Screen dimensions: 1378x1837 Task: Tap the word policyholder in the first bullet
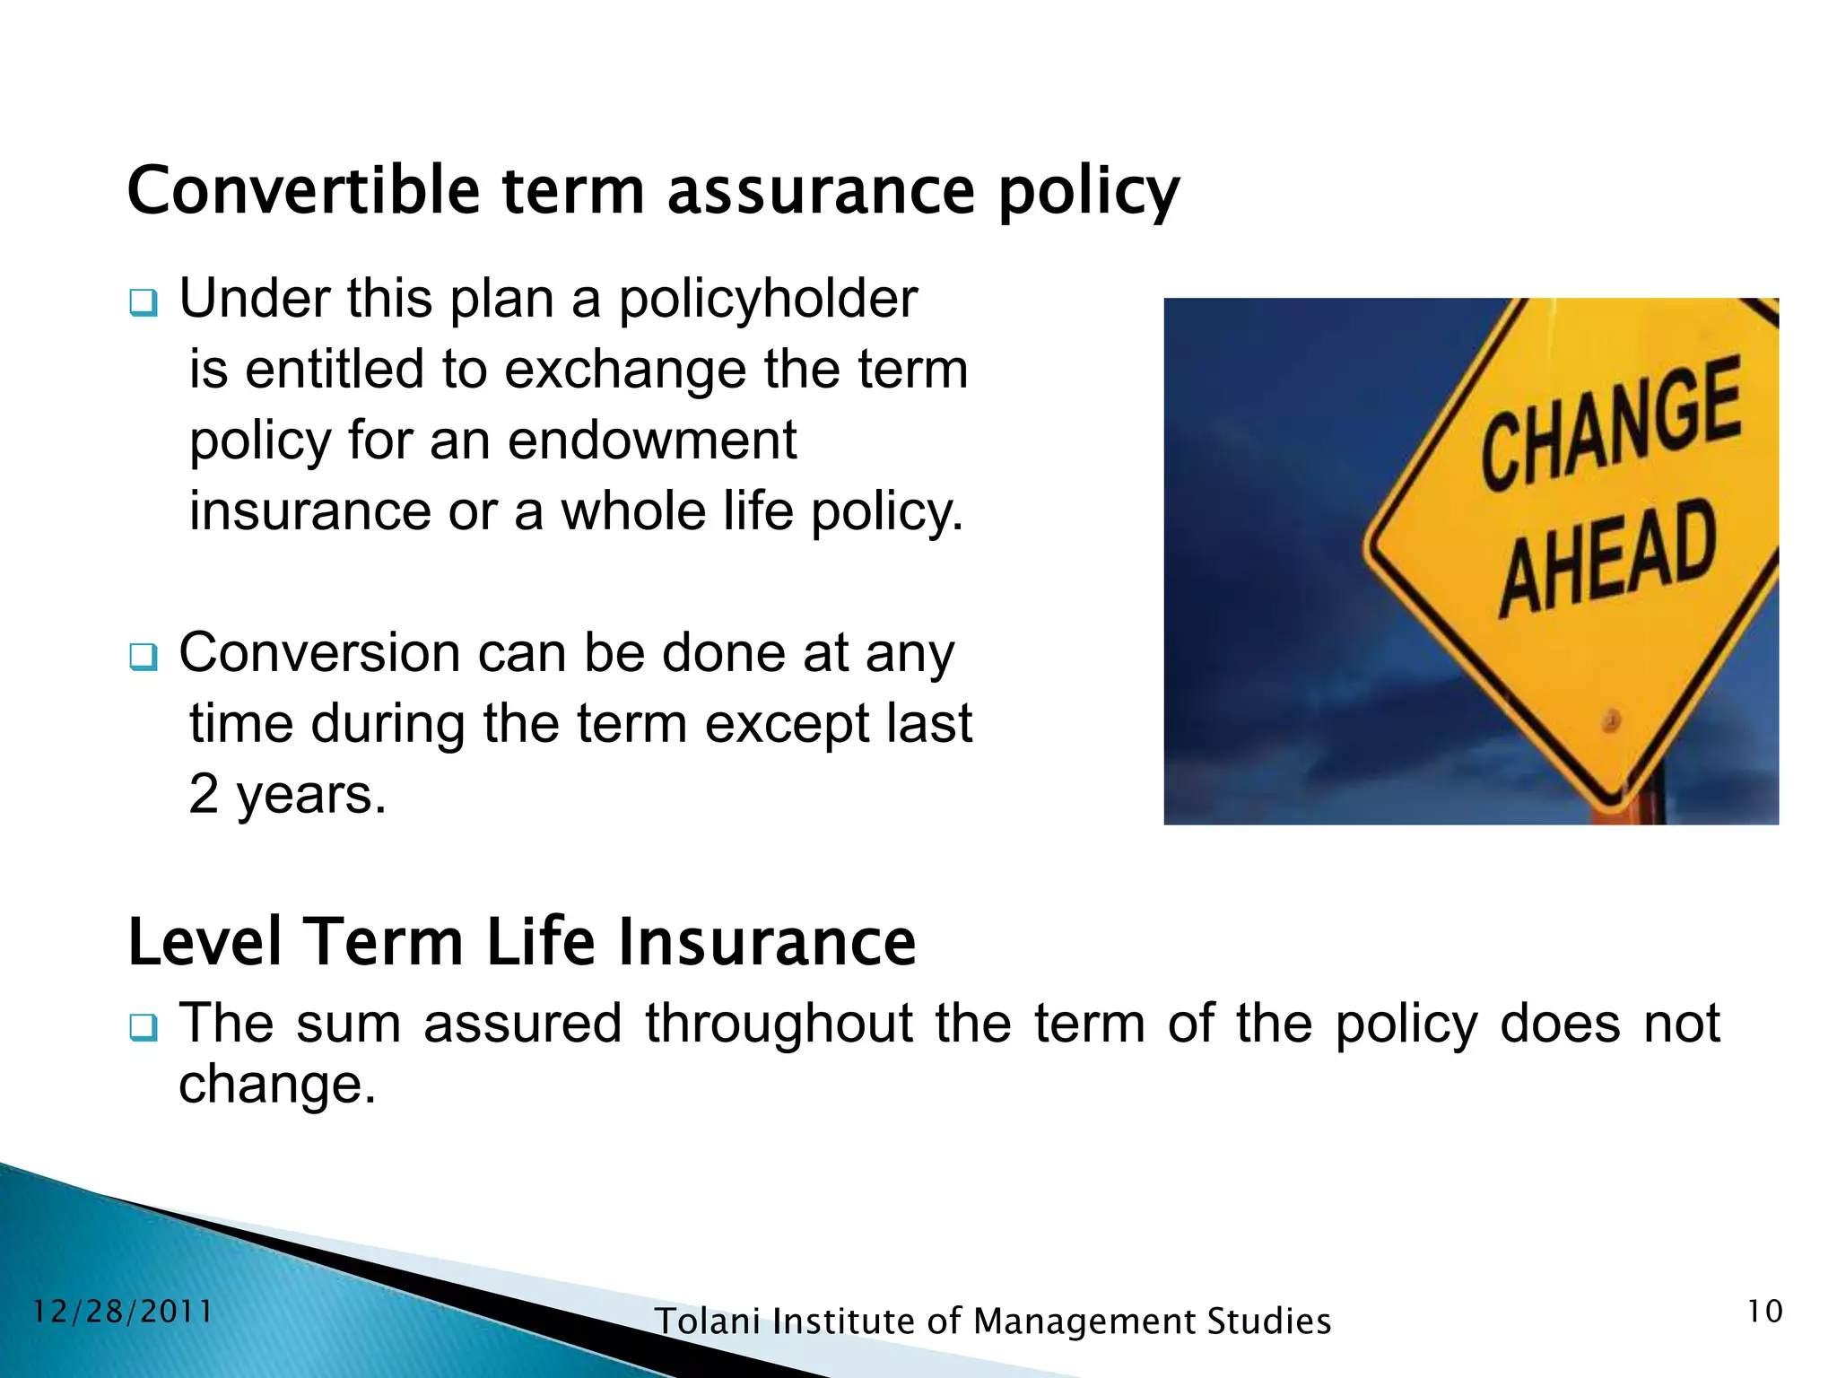768,299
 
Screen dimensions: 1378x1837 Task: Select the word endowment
652,440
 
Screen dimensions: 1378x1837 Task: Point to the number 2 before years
204,794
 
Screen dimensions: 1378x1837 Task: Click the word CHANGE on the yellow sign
1610,422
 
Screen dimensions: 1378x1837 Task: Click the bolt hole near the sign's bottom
1612,720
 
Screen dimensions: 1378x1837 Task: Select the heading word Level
205,942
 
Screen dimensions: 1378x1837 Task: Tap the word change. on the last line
277,1084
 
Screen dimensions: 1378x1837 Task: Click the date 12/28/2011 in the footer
123,1312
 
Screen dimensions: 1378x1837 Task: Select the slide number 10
1764,1312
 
